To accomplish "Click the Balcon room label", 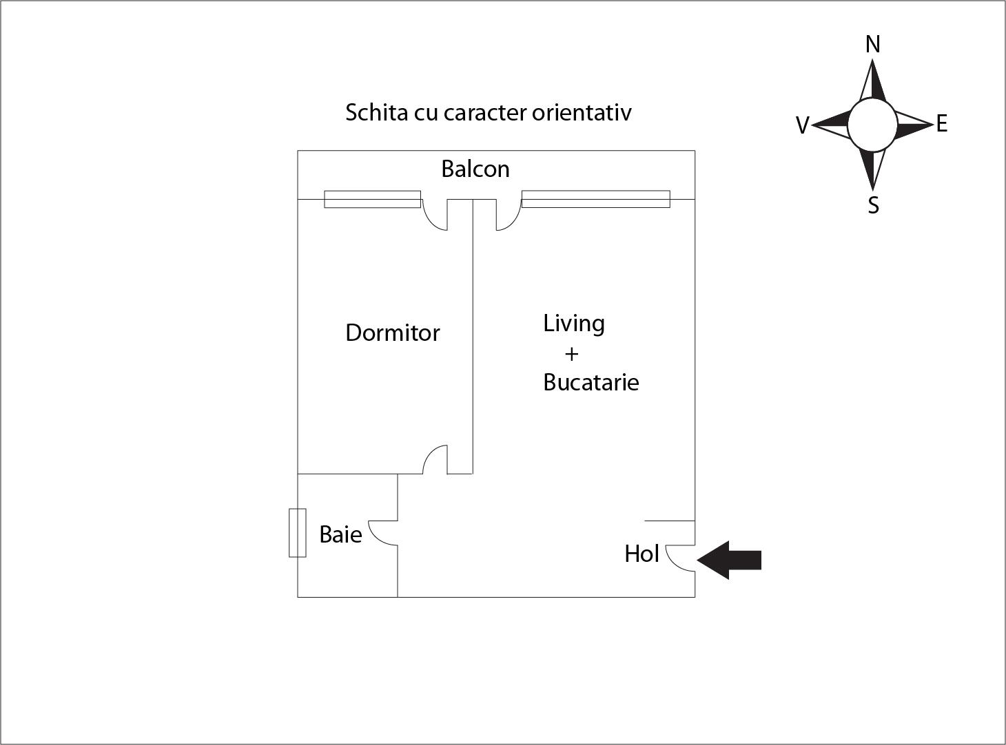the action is click(475, 169).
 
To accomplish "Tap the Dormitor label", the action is click(392, 333).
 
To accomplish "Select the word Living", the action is click(574, 324).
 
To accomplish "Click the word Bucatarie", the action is click(591, 382).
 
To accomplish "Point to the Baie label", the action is click(340, 534).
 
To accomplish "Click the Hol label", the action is click(641, 553).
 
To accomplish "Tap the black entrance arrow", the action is click(729, 560).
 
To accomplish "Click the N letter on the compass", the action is click(872, 45).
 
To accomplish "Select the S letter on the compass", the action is click(873, 205).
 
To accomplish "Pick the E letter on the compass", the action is click(942, 123).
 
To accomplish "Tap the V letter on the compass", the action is click(802, 125).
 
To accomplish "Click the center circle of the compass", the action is click(872, 125).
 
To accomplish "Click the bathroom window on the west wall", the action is click(298, 533).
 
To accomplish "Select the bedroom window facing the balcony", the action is click(372, 199).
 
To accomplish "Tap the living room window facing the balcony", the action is click(595, 198).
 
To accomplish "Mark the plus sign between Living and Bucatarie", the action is click(571, 354).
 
